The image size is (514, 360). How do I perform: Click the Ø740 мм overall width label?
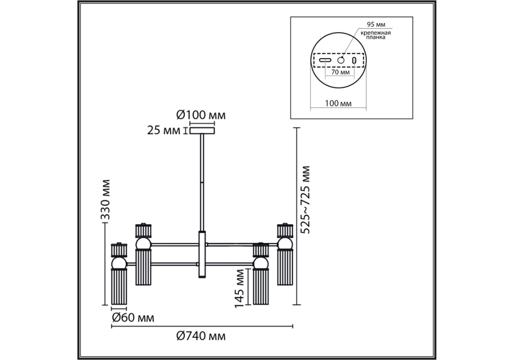pyautogui.click(x=201, y=336)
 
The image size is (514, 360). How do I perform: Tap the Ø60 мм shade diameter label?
pyautogui.click(x=133, y=318)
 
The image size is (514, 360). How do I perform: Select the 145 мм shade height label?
pyautogui.click(x=239, y=288)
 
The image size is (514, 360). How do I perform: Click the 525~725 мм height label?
pyautogui.click(x=305, y=200)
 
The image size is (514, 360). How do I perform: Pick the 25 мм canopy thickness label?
pyautogui.click(x=164, y=130)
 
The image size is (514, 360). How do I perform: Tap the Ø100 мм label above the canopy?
pyautogui.click(x=201, y=115)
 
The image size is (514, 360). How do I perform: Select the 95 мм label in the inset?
pyautogui.click(x=376, y=25)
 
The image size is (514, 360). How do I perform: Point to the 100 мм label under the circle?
pyautogui.click(x=338, y=103)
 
